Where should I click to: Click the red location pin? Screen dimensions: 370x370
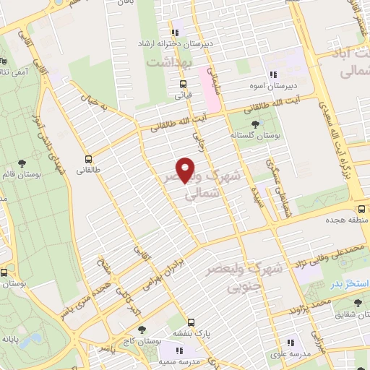click(186, 169)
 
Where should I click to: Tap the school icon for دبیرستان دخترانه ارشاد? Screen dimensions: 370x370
click(174, 33)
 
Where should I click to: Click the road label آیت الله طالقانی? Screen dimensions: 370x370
click(181, 121)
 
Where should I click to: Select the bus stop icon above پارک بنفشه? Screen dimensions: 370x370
click(191, 322)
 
